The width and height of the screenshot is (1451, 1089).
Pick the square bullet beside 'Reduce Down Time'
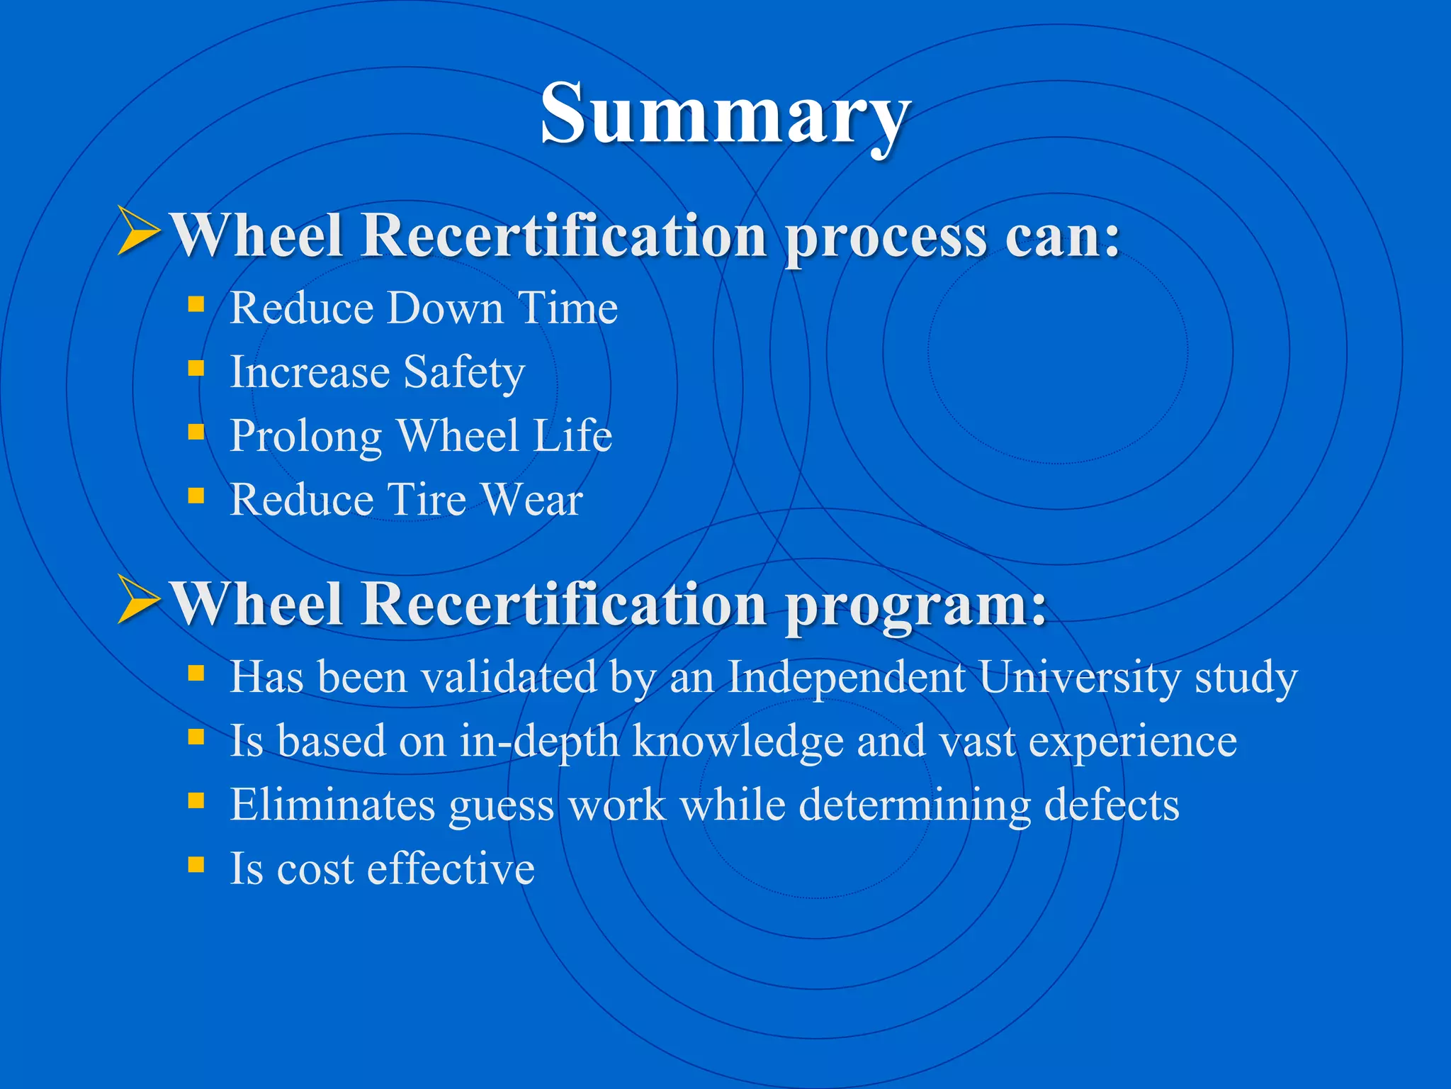coord(196,305)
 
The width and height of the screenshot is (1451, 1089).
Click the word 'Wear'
coord(532,499)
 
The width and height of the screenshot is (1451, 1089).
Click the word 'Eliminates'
coord(332,805)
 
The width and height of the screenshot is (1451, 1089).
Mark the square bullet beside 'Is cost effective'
coord(196,864)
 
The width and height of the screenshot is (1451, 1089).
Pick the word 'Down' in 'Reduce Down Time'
coord(446,308)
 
